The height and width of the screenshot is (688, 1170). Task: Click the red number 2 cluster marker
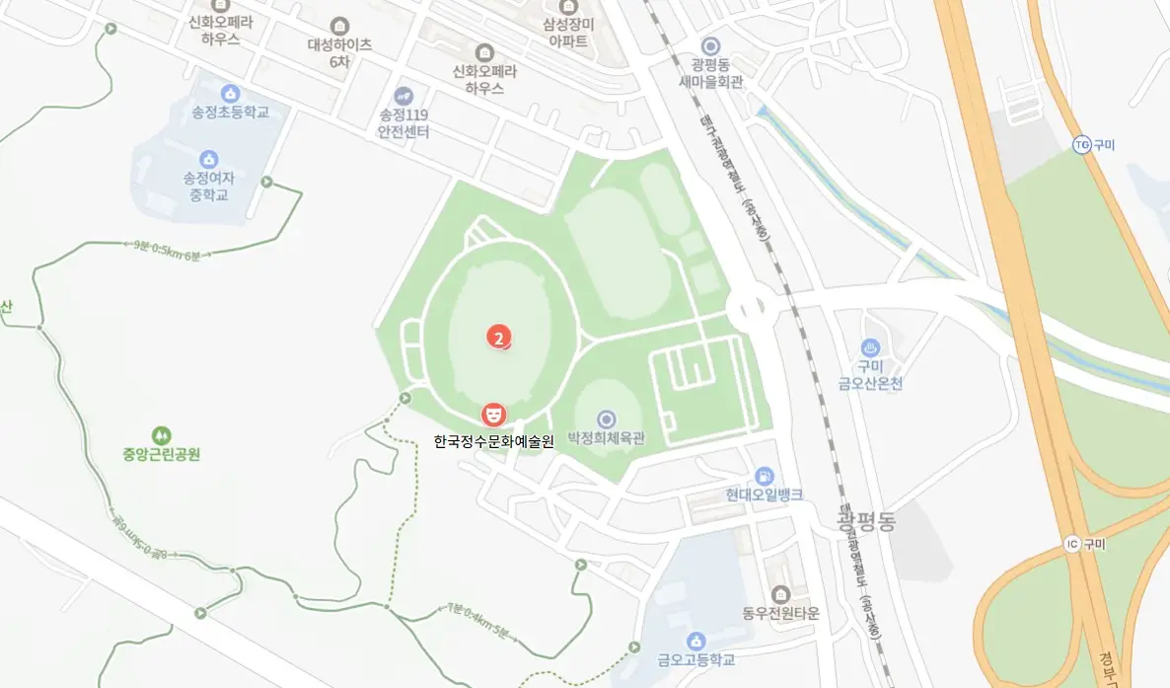pyautogui.click(x=500, y=338)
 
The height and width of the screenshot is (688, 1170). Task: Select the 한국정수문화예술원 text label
pyautogui.click(x=493, y=441)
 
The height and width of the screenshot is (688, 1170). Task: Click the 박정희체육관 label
pyautogui.click(x=606, y=439)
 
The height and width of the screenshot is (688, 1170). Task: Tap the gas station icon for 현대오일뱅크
pyautogui.click(x=764, y=477)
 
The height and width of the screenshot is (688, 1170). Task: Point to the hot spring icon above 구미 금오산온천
pyautogui.click(x=870, y=347)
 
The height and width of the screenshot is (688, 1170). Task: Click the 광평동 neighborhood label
pyautogui.click(x=865, y=522)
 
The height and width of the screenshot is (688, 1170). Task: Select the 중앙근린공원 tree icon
pyautogui.click(x=161, y=434)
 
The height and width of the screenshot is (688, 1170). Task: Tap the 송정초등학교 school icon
pyautogui.click(x=231, y=94)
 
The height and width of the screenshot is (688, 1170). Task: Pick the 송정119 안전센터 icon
pyautogui.click(x=403, y=96)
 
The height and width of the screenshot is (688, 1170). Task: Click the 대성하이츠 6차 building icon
pyautogui.click(x=340, y=25)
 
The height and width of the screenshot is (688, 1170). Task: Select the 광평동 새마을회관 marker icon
pyautogui.click(x=711, y=45)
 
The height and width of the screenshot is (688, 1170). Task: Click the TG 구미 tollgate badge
pyautogui.click(x=1082, y=145)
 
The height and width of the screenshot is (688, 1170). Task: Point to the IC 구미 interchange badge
pyautogui.click(x=1072, y=544)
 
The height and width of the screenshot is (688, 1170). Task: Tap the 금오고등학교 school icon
pyautogui.click(x=696, y=641)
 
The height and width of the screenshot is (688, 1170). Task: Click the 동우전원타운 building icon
pyautogui.click(x=781, y=593)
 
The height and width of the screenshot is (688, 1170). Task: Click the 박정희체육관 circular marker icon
pyautogui.click(x=606, y=420)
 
